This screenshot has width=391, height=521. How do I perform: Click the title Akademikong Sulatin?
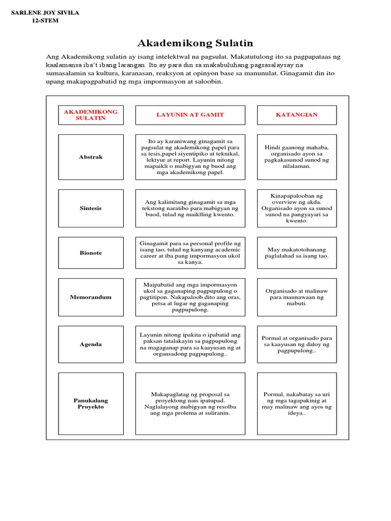click(195, 43)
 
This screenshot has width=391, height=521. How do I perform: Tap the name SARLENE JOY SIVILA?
click(45, 13)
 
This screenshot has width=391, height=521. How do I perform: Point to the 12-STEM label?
click(45, 21)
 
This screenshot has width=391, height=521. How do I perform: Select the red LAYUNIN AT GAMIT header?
click(190, 115)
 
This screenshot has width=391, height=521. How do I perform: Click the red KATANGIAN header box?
click(296, 115)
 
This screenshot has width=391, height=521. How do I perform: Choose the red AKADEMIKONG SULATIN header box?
click(91, 115)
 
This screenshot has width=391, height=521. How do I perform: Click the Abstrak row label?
click(91, 157)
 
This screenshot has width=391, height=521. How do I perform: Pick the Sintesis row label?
click(91, 209)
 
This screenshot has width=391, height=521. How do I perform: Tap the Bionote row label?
click(91, 253)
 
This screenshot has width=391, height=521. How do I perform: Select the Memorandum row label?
click(91, 297)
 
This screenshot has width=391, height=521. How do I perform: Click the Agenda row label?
click(91, 344)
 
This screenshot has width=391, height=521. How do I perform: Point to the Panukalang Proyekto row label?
click(91, 403)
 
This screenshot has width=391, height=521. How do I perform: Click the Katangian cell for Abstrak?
click(296, 157)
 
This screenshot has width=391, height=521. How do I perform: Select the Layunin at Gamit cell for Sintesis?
click(190, 209)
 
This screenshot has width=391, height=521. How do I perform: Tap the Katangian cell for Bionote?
click(296, 253)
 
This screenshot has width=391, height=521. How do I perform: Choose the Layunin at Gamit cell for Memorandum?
click(190, 297)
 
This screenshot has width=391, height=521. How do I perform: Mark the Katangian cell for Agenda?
click(296, 344)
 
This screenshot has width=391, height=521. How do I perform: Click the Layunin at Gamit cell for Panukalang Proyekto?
click(190, 403)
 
